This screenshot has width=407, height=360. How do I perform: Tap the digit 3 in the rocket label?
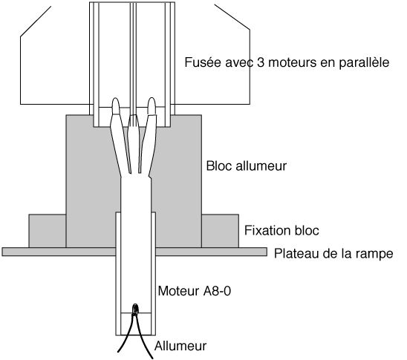click(x=261, y=62)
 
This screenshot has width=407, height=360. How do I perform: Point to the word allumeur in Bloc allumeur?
click(x=261, y=166)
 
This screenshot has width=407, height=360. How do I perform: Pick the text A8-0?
click(x=217, y=291)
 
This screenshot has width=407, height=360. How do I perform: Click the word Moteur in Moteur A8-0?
click(x=178, y=291)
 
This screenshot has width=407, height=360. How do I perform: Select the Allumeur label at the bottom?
click(x=180, y=346)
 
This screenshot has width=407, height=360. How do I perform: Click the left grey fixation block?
click(x=48, y=231)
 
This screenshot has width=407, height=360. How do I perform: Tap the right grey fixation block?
click(x=220, y=231)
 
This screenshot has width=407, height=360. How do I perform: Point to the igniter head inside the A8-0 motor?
click(x=135, y=310)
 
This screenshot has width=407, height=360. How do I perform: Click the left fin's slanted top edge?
click(x=36, y=22)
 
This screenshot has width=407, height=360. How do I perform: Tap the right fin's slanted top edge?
click(x=232, y=17)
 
